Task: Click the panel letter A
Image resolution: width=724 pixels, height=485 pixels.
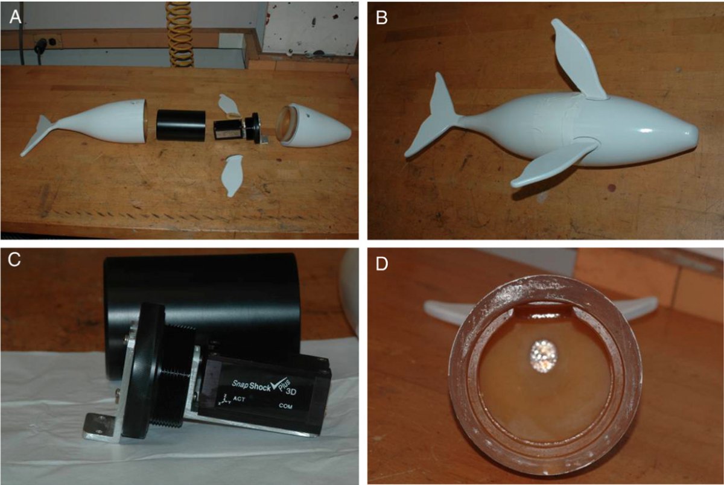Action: pyautogui.click(x=15, y=17)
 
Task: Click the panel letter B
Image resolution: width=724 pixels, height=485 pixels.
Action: pyautogui.click(x=382, y=17)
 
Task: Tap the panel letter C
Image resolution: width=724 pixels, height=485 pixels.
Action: pyautogui.click(x=14, y=259)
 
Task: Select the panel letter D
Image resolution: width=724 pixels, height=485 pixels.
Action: pyautogui.click(x=382, y=264)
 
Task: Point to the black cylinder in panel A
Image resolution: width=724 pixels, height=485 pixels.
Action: pyautogui.click(x=181, y=125)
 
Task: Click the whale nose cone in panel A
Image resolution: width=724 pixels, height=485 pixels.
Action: pyautogui.click(x=314, y=126)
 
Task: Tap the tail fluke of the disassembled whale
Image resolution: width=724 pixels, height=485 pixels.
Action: pyautogui.click(x=38, y=135)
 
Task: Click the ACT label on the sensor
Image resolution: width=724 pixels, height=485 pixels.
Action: pyautogui.click(x=239, y=399)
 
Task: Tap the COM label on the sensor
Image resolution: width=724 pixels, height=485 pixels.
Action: pyautogui.click(x=286, y=406)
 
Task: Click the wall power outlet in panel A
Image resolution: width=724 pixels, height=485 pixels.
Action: pyautogui.click(x=48, y=42)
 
